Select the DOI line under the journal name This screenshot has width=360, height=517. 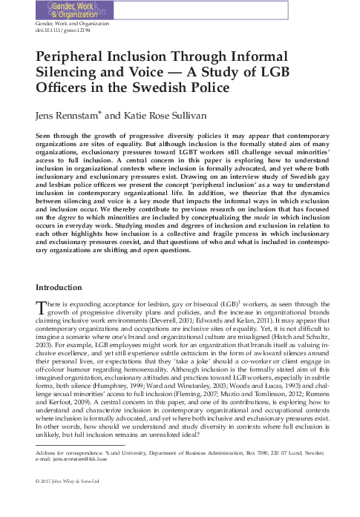59,32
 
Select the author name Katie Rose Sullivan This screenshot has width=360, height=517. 171,116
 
